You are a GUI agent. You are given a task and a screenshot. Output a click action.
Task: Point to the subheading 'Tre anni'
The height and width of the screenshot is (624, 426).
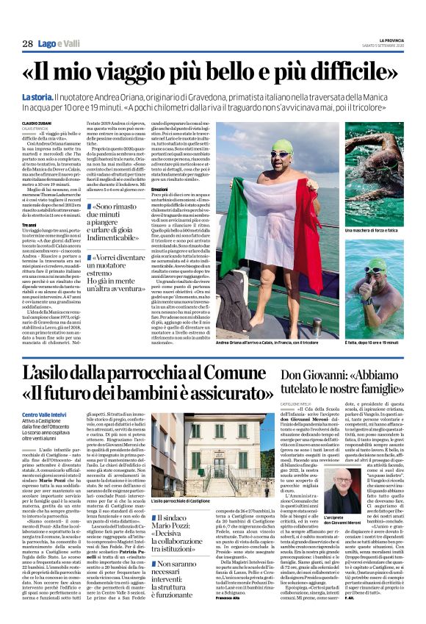(x=29, y=223)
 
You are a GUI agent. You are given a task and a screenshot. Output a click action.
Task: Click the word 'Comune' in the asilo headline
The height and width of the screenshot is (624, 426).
(x=236, y=372)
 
